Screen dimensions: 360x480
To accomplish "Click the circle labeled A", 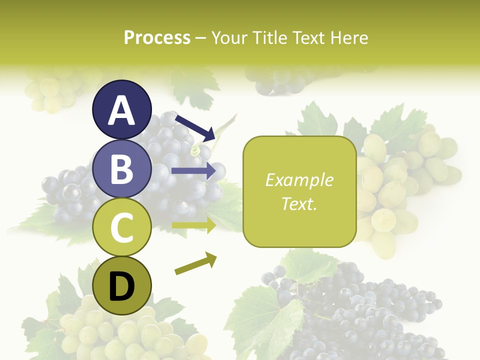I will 122,109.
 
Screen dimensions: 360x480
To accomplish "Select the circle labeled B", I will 122,168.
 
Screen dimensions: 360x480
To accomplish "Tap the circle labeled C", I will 122,227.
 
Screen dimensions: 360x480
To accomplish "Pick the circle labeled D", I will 122,286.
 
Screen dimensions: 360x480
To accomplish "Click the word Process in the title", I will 157,37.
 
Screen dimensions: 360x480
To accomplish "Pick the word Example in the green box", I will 299,180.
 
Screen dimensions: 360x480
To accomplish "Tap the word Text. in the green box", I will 299,203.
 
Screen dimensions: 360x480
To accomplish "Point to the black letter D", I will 122,287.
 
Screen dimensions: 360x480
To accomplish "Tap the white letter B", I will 122,169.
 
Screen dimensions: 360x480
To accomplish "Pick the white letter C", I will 122,228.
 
